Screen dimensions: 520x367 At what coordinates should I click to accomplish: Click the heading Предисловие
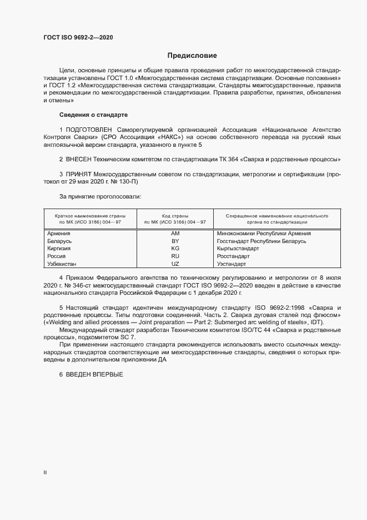pos(193,56)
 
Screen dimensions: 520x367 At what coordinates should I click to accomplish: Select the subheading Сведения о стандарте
pos(93,115)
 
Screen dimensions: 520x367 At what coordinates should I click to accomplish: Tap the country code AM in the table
pos(175,234)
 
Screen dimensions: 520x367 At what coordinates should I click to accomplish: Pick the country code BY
pos(175,241)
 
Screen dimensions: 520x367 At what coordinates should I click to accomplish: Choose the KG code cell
pos(175,249)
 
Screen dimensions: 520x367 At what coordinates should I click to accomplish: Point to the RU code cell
pos(175,256)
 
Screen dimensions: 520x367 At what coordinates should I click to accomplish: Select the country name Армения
pos(59,234)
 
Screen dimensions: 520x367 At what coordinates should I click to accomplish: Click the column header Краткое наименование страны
pos(90,215)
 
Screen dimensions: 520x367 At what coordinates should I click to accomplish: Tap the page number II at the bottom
pos(45,472)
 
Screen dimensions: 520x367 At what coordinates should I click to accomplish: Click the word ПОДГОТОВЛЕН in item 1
pos(89,130)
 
